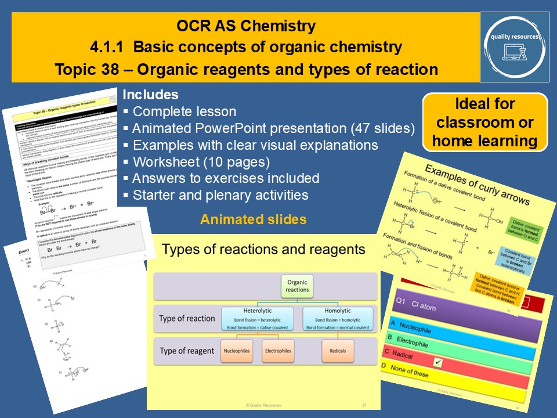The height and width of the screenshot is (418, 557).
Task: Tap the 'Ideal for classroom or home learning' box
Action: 484,122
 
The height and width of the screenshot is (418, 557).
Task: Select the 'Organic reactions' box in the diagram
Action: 298,286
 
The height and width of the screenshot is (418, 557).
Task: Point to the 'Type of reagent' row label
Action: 187,351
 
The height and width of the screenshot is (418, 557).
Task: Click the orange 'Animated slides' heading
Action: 254,219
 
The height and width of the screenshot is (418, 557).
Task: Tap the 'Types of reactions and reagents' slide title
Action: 264,250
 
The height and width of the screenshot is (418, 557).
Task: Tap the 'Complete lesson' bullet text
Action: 184,111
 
